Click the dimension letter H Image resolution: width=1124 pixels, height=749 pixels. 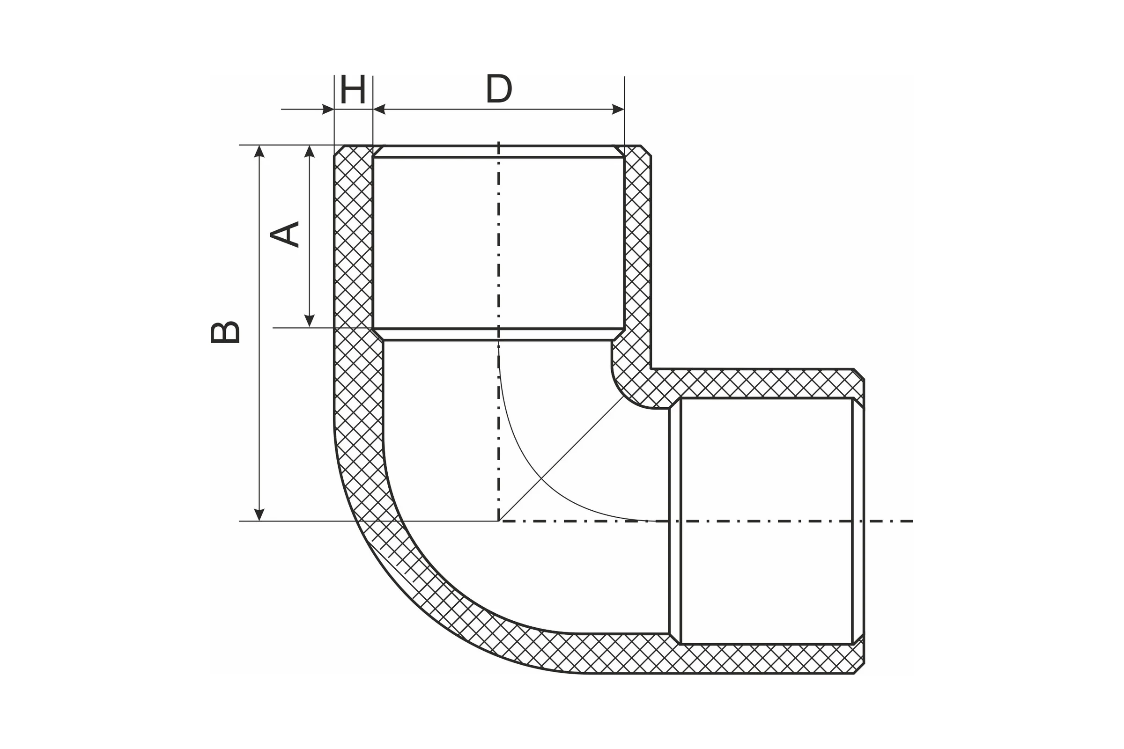coord(353,89)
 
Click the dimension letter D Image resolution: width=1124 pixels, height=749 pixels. coord(499,89)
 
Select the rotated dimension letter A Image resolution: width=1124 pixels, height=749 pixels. coord(285,234)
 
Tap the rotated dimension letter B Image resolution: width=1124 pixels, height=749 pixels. coord(225,332)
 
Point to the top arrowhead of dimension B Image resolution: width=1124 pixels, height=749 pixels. coord(259,151)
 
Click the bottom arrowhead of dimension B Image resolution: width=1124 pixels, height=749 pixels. coord(259,514)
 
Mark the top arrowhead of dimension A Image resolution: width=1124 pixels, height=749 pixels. coord(310,151)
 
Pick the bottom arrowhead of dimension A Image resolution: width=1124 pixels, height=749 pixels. coord(310,321)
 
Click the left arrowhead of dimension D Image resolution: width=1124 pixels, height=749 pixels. coord(379,110)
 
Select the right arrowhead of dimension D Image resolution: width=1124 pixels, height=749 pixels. coord(618,110)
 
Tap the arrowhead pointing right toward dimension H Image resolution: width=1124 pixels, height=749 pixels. coord(328,110)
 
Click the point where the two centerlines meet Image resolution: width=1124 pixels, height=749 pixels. coord(498,521)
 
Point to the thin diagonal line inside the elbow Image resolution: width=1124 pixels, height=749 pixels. coord(561,459)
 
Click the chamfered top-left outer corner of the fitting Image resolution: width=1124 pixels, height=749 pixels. coord(339,150)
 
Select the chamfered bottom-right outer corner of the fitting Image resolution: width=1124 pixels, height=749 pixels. coord(859,668)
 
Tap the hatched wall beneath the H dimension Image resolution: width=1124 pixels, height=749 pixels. coord(354,239)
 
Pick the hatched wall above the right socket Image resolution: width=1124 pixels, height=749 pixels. coord(760,383)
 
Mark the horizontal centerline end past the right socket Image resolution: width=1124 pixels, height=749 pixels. coord(913,521)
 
